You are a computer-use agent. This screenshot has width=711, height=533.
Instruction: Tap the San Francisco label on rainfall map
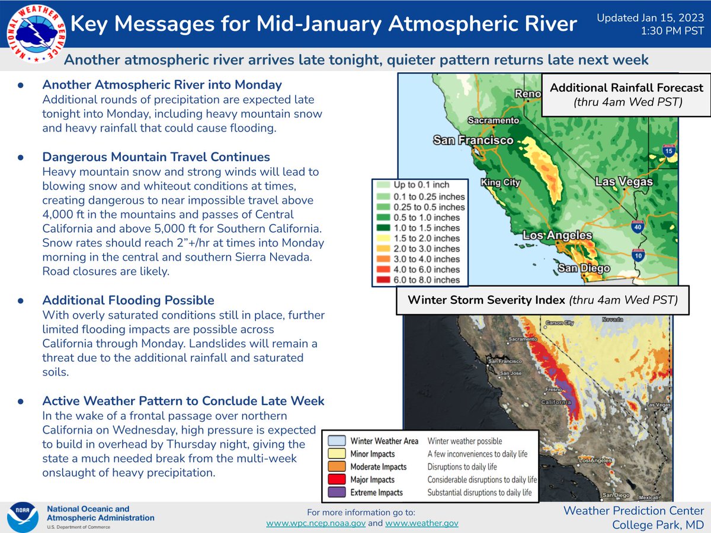(x=473, y=140)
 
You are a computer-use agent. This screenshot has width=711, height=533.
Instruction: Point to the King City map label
(x=500, y=183)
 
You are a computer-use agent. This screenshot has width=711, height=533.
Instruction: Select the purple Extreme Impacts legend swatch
(x=336, y=492)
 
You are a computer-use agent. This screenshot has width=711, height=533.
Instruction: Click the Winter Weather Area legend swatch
(x=336, y=441)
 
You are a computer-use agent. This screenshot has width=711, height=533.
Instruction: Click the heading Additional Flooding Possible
(x=128, y=300)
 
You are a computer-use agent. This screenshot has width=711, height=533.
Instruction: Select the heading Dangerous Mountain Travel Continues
(x=156, y=157)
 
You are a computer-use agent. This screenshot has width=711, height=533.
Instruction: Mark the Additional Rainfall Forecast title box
(x=626, y=94)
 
